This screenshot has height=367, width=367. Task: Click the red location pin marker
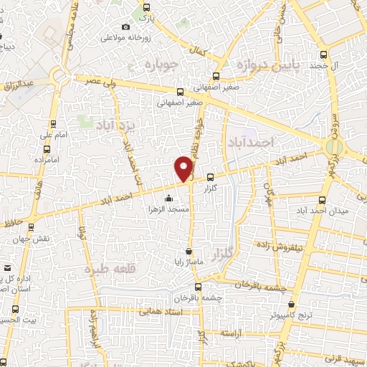tap(183, 168)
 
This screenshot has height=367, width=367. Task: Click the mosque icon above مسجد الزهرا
tap(168, 198)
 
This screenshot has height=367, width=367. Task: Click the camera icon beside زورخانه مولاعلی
tap(126, 27)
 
